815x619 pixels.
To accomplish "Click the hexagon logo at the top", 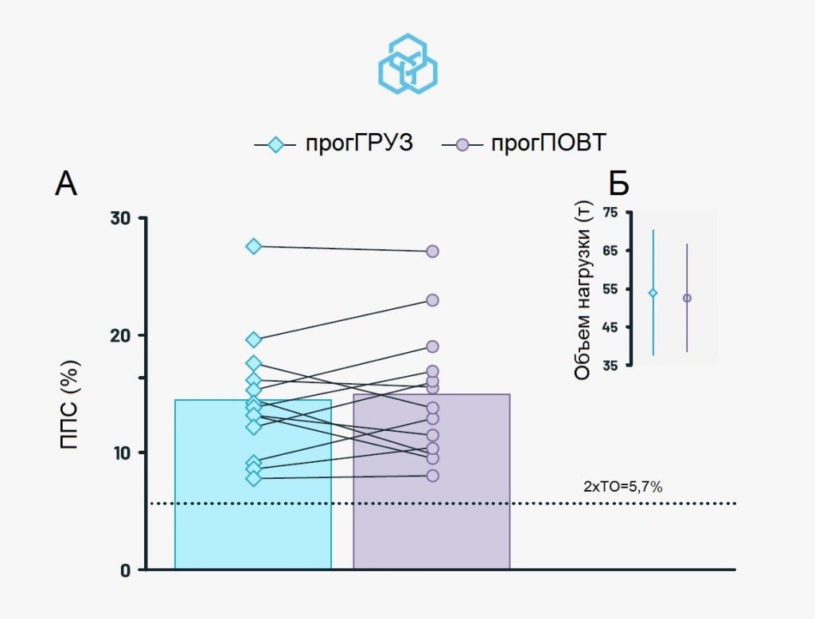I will point(407,64).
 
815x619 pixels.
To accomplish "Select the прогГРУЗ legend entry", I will point(334,144).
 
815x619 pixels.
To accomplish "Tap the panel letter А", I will point(66,184).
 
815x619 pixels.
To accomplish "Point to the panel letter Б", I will point(618,184).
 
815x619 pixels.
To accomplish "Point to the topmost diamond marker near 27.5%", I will point(253,246).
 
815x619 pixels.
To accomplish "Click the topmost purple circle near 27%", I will point(433,251).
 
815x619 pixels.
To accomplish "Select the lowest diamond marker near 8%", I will point(253,478).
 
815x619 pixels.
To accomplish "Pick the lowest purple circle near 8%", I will point(433,476).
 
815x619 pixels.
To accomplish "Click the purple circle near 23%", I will point(433,300).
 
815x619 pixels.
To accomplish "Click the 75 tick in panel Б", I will point(610,212).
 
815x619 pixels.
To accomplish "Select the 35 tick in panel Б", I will point(610,365).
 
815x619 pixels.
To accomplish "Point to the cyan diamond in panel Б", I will point(653,293).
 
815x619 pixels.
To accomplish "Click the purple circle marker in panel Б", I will point(687,298).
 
